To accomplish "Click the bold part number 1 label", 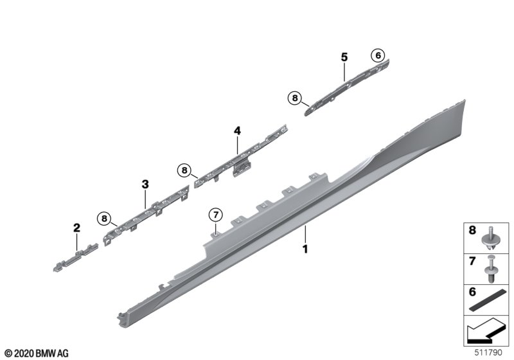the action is [x=305, y=249].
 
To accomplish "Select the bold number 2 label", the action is [x=76, y=228].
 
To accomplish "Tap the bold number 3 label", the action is [x=145, y=184].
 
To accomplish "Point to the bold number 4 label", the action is [x=237, y=130].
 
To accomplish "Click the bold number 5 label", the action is [x=344, y=57].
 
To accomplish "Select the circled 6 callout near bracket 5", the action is [x=378, y=55].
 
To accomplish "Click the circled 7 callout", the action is [x=216, y=215].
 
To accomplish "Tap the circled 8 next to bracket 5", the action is [x=295, y=98].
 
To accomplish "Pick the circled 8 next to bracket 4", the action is [x=184, y=170].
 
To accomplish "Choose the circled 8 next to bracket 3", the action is [x=104, y=219].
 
